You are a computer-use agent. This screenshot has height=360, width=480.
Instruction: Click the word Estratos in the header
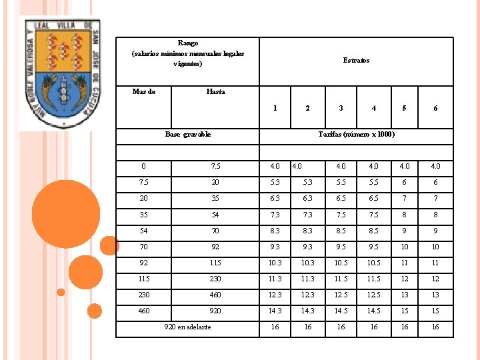(356, 60)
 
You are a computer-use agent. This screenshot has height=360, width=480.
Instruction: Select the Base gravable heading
(188, 135)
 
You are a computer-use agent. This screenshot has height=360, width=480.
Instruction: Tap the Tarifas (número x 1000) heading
(356, 135)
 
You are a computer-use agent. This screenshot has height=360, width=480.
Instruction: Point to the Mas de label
(144, 92)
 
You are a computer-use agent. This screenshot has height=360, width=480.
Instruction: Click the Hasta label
(215, 92)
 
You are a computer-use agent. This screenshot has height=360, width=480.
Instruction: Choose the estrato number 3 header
(341, 108)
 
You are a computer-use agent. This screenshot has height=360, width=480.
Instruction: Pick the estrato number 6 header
(435, 108)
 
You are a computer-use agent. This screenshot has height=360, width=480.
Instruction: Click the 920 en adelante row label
(187, 327)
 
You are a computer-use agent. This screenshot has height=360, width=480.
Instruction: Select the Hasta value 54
(215, 215)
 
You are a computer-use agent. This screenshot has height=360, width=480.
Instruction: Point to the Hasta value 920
(215, 311)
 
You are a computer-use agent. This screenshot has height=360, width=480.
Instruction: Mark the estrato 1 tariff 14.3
(275, 311)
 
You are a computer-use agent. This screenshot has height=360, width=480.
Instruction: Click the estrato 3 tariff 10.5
(341, 263)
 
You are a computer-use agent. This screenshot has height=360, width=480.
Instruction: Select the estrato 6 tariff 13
(435, 295)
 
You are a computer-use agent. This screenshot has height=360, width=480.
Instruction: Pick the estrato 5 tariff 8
(405, 215)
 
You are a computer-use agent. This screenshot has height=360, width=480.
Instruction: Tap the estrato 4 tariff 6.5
(373, 199)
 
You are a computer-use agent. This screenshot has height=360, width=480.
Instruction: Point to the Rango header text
(188, 53)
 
